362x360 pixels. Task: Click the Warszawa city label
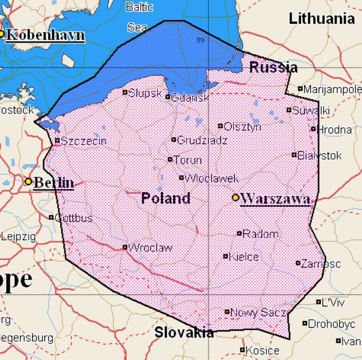click(x=275, y=199)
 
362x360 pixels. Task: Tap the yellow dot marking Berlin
click(x=28, y=182)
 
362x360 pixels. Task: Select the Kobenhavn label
click(x=44, y=34)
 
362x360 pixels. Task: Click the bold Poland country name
click(x=165, y=199)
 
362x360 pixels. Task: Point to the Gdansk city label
click(x=190, y=97)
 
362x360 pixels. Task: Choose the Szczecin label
click(x=84, y=141)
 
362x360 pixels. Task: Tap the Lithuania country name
click(x=322, y=18)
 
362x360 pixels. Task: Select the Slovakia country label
click(x=183, y=333)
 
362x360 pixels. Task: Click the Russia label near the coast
click(x=274, y=68)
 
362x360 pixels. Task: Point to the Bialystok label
click(x=319, y=155)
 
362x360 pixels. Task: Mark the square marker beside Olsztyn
click(x=221, y=126)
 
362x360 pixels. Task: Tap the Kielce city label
click(x=244, y=256)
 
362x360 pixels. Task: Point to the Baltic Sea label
click(x=139, y=17)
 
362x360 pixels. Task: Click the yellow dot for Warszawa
click(x=235, y=197)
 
